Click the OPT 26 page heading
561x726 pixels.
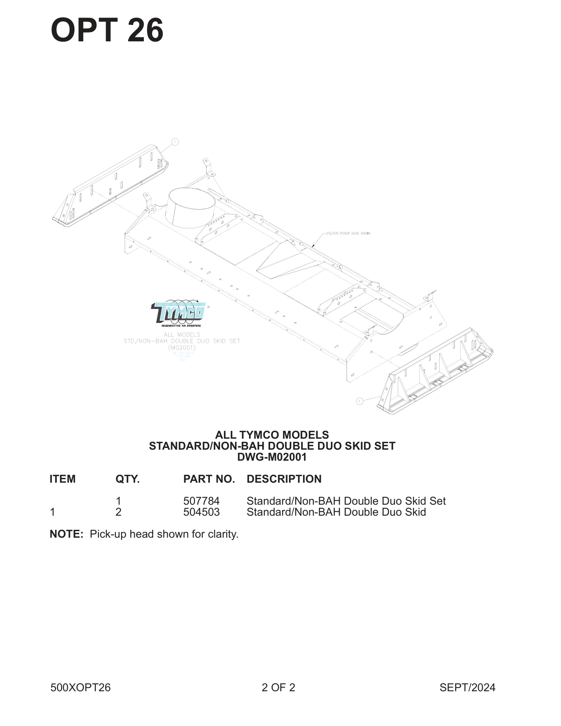coord(107,30)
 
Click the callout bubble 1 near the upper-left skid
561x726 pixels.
coord(175,142)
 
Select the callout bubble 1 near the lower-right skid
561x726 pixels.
coord(359,401)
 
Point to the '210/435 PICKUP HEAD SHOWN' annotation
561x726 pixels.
coord(348,233)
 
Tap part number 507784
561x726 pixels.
coord(201,501)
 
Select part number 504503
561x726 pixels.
coord(201,512)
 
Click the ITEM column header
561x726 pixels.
coord(62,479)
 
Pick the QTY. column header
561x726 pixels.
coord(127,479)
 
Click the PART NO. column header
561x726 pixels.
coord(209,479)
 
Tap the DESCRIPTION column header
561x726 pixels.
coord(284,479)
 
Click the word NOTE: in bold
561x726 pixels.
coord(66,534)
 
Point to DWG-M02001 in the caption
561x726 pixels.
coord(271,457)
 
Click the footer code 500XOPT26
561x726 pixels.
coord(81,687)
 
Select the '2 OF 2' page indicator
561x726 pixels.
coord(278,687)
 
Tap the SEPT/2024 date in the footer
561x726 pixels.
coord(467,687)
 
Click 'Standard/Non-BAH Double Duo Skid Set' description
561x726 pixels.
coord(346,501)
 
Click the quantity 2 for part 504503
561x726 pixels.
coord(118,512)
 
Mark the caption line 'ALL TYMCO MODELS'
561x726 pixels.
coord(272,435)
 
